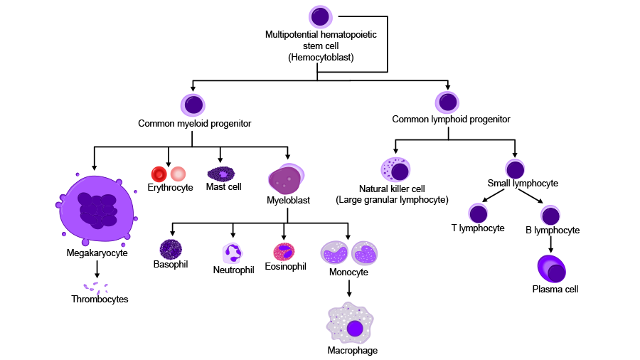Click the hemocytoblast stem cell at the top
(321, 17)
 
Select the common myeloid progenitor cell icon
(193, 105)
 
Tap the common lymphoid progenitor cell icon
(447, 102)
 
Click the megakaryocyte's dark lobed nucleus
(98, 210)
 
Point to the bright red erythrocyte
(159, 174)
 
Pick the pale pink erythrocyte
(178, 174)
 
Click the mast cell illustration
(221, 174)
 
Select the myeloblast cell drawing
(286, 179)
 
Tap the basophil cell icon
(171, 250)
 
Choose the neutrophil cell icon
(233, 253)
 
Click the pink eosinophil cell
(284, 252)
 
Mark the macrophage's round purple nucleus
(355, 329)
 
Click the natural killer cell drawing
(395, 169)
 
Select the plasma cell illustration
(551, 269)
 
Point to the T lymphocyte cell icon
(478, 213)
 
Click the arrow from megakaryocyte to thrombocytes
(97, 269)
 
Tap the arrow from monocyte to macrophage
(349, 288)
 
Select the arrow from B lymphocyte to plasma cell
(550, 244)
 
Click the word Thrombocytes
(100, 300)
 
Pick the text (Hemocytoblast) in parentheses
(321, 57)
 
